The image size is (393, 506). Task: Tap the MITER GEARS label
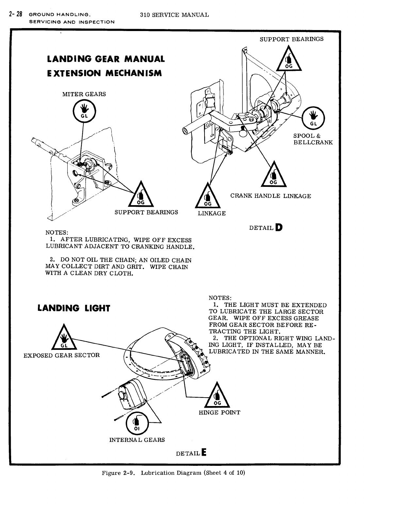pos(84,94)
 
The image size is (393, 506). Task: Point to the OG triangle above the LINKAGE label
pos(208,197)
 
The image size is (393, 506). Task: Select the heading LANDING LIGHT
pos(74,308)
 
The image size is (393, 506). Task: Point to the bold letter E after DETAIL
pos(204,453)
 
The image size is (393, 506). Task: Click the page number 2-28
pos(15,14)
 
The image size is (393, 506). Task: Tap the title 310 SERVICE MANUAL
pos(174,15)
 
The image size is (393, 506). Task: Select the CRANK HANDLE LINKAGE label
pos(270,196)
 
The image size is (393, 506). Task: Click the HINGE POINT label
pos(220,412)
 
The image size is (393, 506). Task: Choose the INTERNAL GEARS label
pos(137,440)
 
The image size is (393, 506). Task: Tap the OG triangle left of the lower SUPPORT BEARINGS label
pos(141,196)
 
